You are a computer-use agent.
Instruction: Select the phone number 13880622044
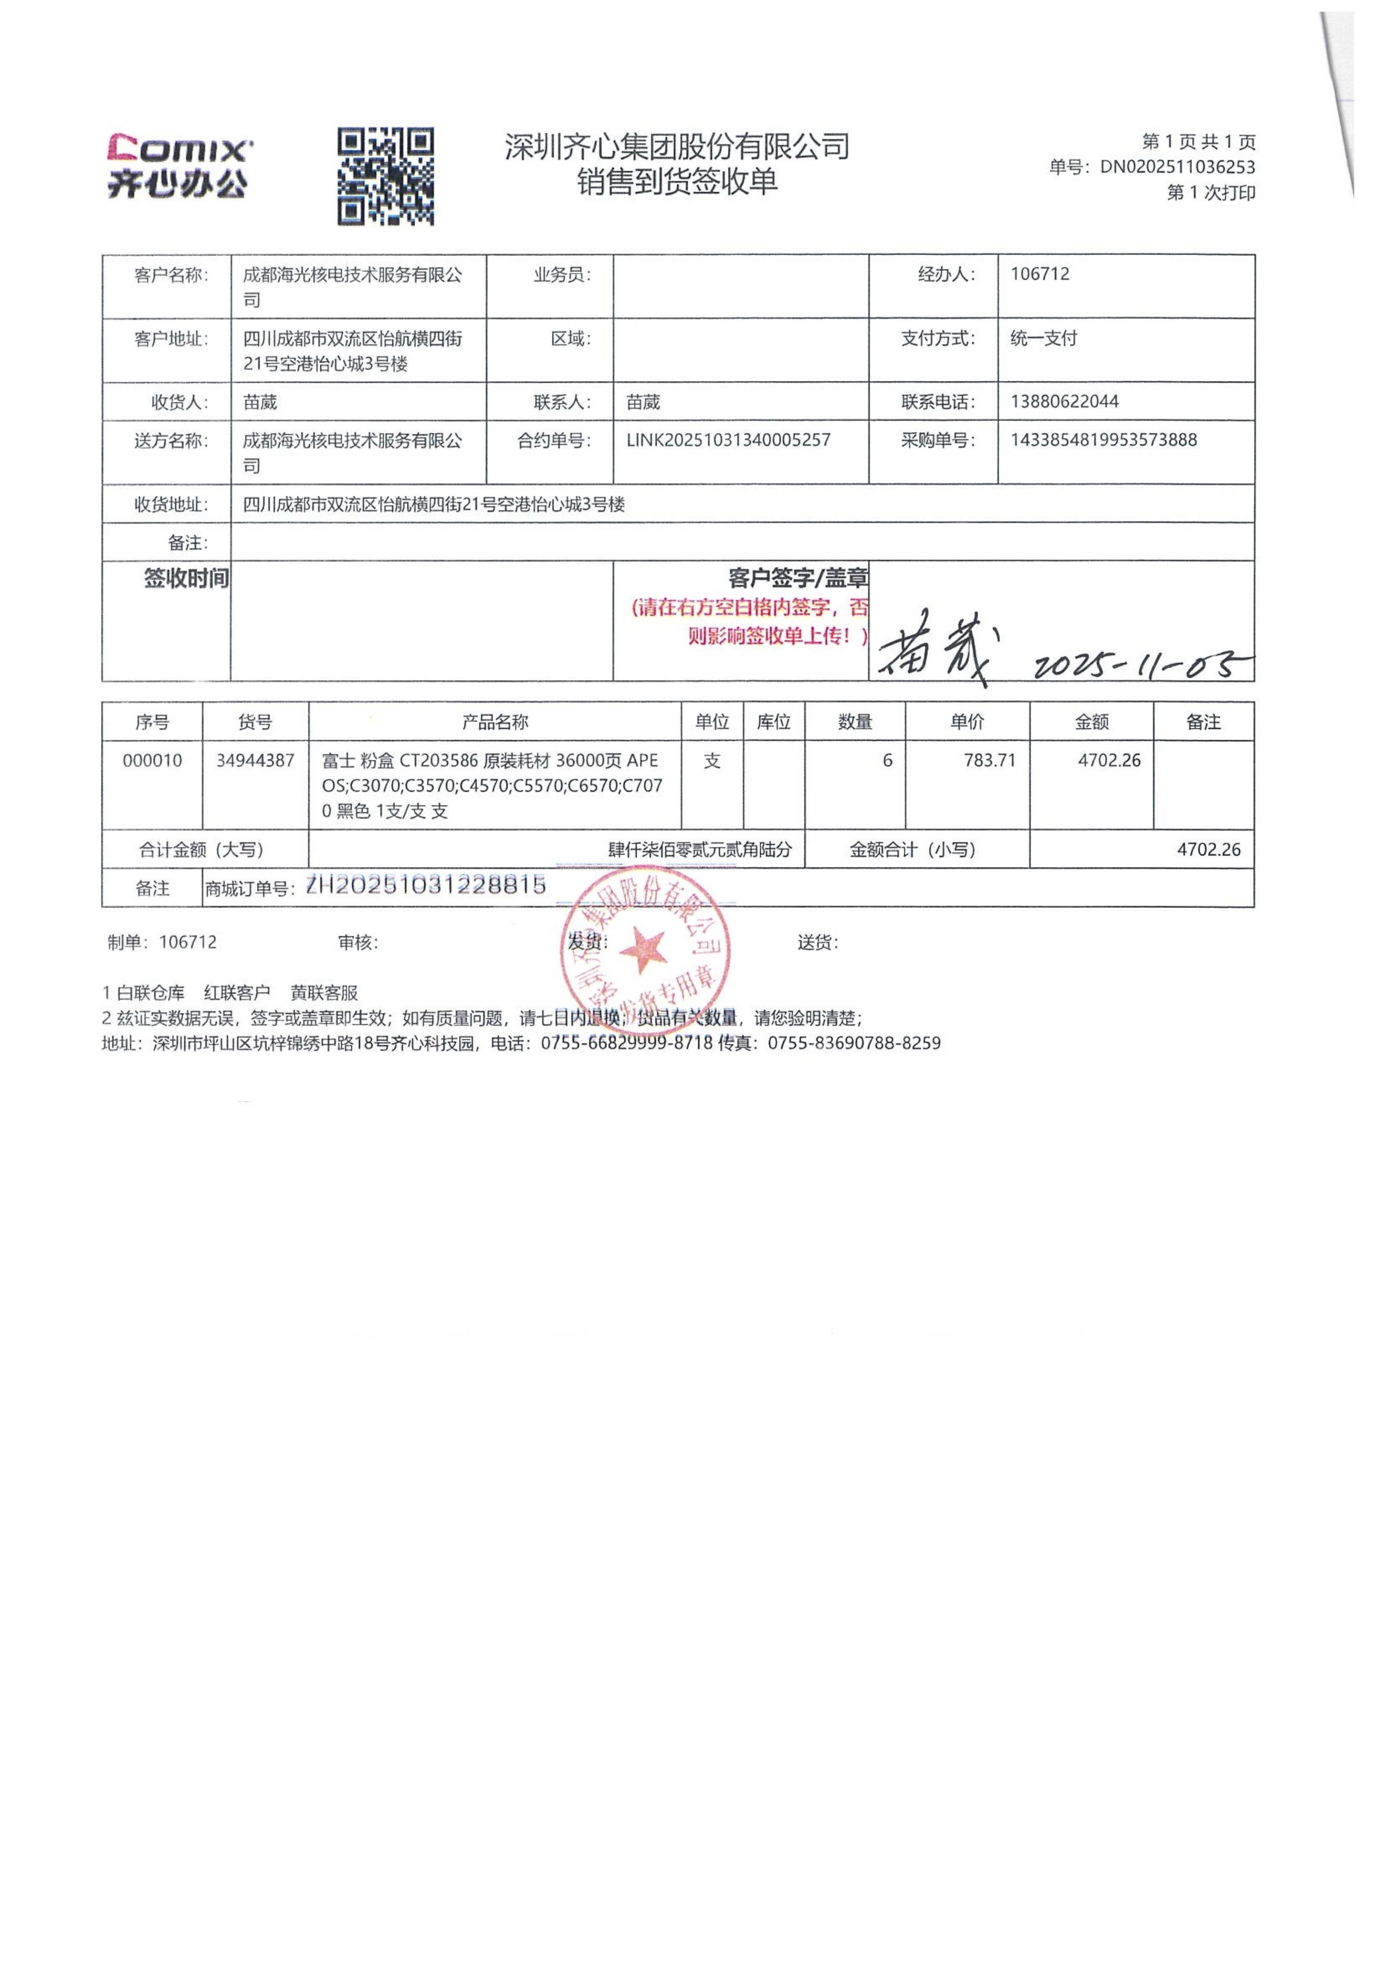(1064, 402)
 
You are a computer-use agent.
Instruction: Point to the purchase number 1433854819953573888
(1103, 440)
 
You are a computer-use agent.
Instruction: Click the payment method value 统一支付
(1043, 338)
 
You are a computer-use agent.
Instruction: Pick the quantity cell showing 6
(887, 760)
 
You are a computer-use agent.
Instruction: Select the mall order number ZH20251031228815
(425, 886)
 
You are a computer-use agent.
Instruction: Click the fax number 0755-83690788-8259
(854, 1043)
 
